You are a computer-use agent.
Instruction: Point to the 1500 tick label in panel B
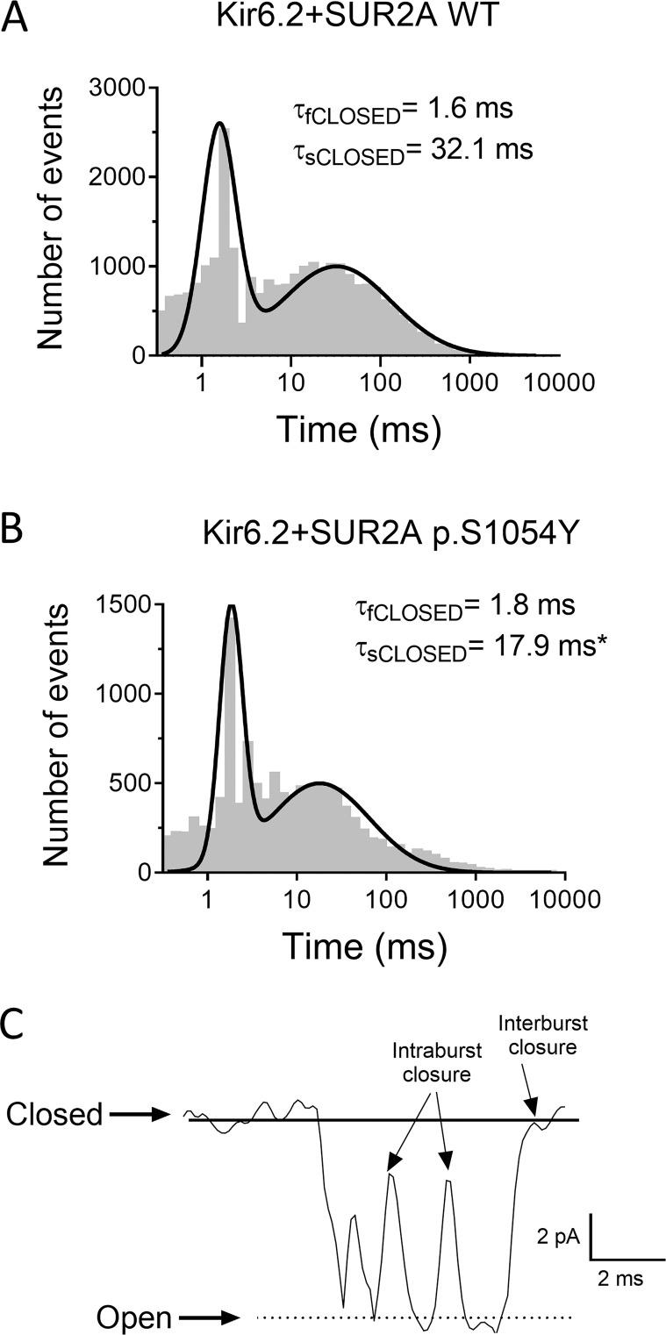point(125,604)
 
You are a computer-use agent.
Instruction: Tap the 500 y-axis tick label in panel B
point(132,783)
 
